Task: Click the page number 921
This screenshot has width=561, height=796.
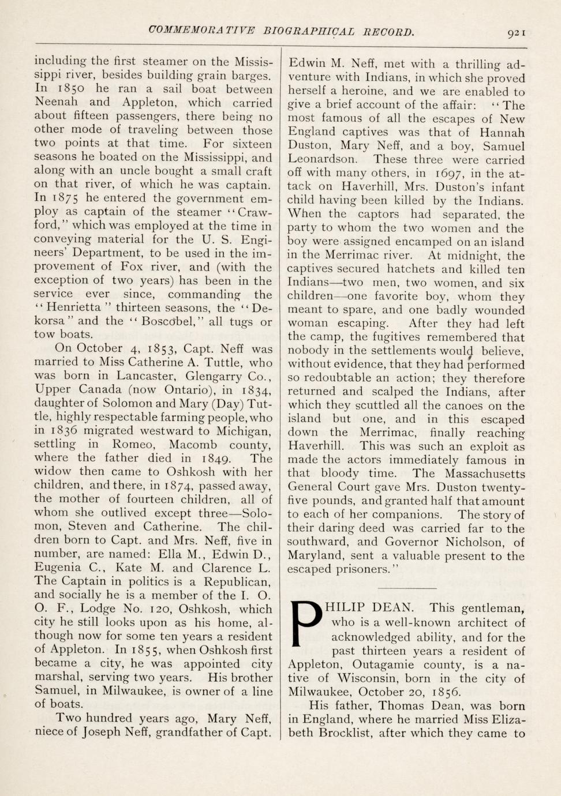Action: tap(516, 33)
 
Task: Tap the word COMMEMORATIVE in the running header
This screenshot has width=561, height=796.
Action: tap(201, 31)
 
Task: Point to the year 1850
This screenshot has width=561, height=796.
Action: tap(70, 89)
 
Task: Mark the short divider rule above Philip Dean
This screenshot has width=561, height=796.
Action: tap(408, 588)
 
